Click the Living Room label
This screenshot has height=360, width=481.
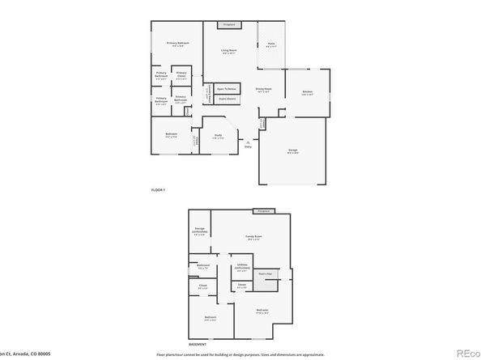(230, 51)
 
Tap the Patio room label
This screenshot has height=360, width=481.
(271, 45)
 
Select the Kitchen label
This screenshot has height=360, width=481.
(308, 93)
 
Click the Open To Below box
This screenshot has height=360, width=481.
(227, 88)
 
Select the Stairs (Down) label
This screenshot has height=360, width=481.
(228, 99)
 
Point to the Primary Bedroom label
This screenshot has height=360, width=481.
(178, 44)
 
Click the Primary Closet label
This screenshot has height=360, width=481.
(181, 76)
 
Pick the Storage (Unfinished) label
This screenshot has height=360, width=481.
(199, 231)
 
